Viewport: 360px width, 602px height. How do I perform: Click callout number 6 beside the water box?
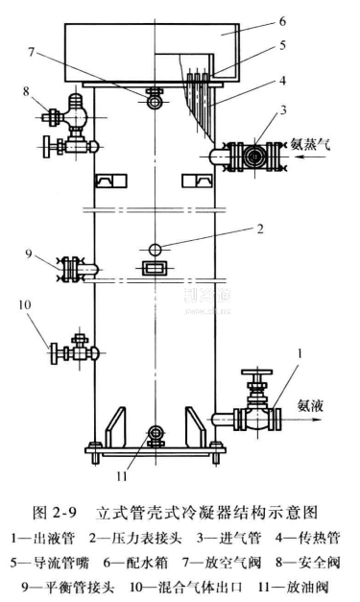282,22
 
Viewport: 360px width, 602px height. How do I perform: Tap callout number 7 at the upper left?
32,52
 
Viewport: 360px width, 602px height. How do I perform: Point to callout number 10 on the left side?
24,304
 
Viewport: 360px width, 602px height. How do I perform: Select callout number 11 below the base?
122,476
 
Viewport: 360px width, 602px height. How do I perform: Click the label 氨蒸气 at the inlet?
310,145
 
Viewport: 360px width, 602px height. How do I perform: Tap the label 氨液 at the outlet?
310,406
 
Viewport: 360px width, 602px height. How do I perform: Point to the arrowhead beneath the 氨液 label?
317,419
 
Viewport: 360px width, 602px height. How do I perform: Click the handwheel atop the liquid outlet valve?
256,372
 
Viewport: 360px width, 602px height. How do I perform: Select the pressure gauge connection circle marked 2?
156,250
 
